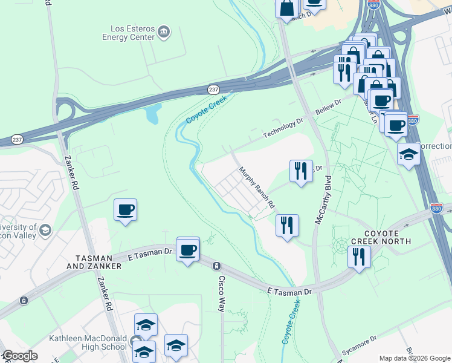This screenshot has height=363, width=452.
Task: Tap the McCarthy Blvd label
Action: point(323,200)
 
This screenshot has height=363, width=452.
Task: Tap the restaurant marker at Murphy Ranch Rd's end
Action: point(287,226)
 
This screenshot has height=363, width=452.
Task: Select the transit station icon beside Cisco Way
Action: point(216,266)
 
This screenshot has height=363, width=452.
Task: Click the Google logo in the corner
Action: point(19,356)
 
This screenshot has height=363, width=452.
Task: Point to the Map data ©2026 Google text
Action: point(415,359)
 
